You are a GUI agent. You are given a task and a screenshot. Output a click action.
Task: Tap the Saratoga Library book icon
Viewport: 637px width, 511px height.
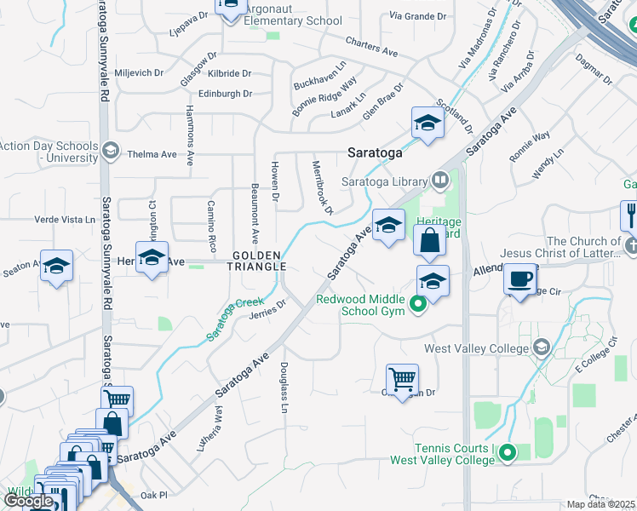439,180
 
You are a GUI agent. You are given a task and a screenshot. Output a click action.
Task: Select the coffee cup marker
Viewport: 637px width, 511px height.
519,278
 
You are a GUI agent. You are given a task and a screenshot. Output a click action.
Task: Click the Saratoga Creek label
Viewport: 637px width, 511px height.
235,319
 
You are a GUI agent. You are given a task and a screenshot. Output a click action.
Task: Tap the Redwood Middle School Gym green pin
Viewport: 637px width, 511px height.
418,304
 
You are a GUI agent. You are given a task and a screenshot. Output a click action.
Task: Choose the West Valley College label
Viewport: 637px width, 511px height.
478,347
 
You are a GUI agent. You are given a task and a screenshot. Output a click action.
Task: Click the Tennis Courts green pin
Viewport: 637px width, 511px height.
508,454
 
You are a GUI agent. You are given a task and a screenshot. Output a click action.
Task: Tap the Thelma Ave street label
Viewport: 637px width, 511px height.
151,154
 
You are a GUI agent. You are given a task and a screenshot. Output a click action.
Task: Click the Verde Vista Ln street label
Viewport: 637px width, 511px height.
65,220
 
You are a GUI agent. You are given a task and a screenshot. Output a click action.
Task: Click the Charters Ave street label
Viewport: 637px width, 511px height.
372,46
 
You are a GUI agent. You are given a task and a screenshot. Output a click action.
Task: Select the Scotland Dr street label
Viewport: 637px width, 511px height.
455,116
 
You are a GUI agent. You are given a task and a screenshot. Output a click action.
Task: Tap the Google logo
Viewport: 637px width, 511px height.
28,501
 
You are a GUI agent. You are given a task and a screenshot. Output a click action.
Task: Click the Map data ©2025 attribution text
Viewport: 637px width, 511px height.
601,504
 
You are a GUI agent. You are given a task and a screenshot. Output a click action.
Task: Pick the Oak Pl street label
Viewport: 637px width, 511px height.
154,495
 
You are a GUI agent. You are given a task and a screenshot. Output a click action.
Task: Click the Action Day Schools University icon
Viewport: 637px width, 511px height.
109,152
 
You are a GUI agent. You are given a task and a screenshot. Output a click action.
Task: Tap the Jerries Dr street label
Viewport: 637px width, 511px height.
267,308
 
